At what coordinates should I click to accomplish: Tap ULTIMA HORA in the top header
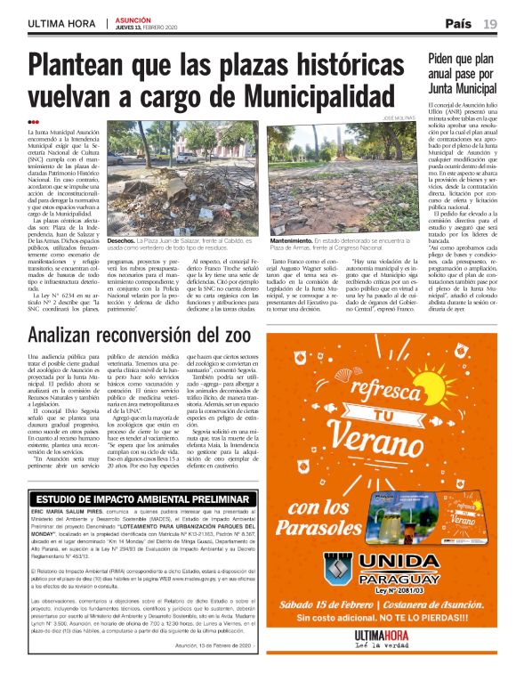tap(61, 23)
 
